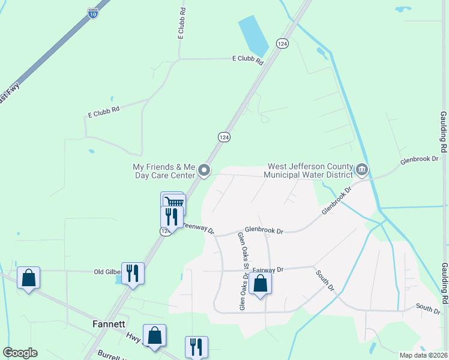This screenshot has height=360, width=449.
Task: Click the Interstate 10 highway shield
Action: [92, 13]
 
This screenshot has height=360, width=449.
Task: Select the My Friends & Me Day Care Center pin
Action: [204, 171]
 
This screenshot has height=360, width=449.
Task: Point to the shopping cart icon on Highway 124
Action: [173, 202]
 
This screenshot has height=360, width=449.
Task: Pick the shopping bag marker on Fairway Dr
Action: [260, 283]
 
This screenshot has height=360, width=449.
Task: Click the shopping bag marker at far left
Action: [28, 278]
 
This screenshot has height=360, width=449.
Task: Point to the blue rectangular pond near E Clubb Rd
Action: [253, 36]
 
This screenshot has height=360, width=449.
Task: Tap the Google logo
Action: [20, 353]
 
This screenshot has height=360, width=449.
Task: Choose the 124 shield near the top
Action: [282, 44]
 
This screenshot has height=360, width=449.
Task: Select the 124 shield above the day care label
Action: [223, 137]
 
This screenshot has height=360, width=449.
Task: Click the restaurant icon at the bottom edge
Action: [196, 347]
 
